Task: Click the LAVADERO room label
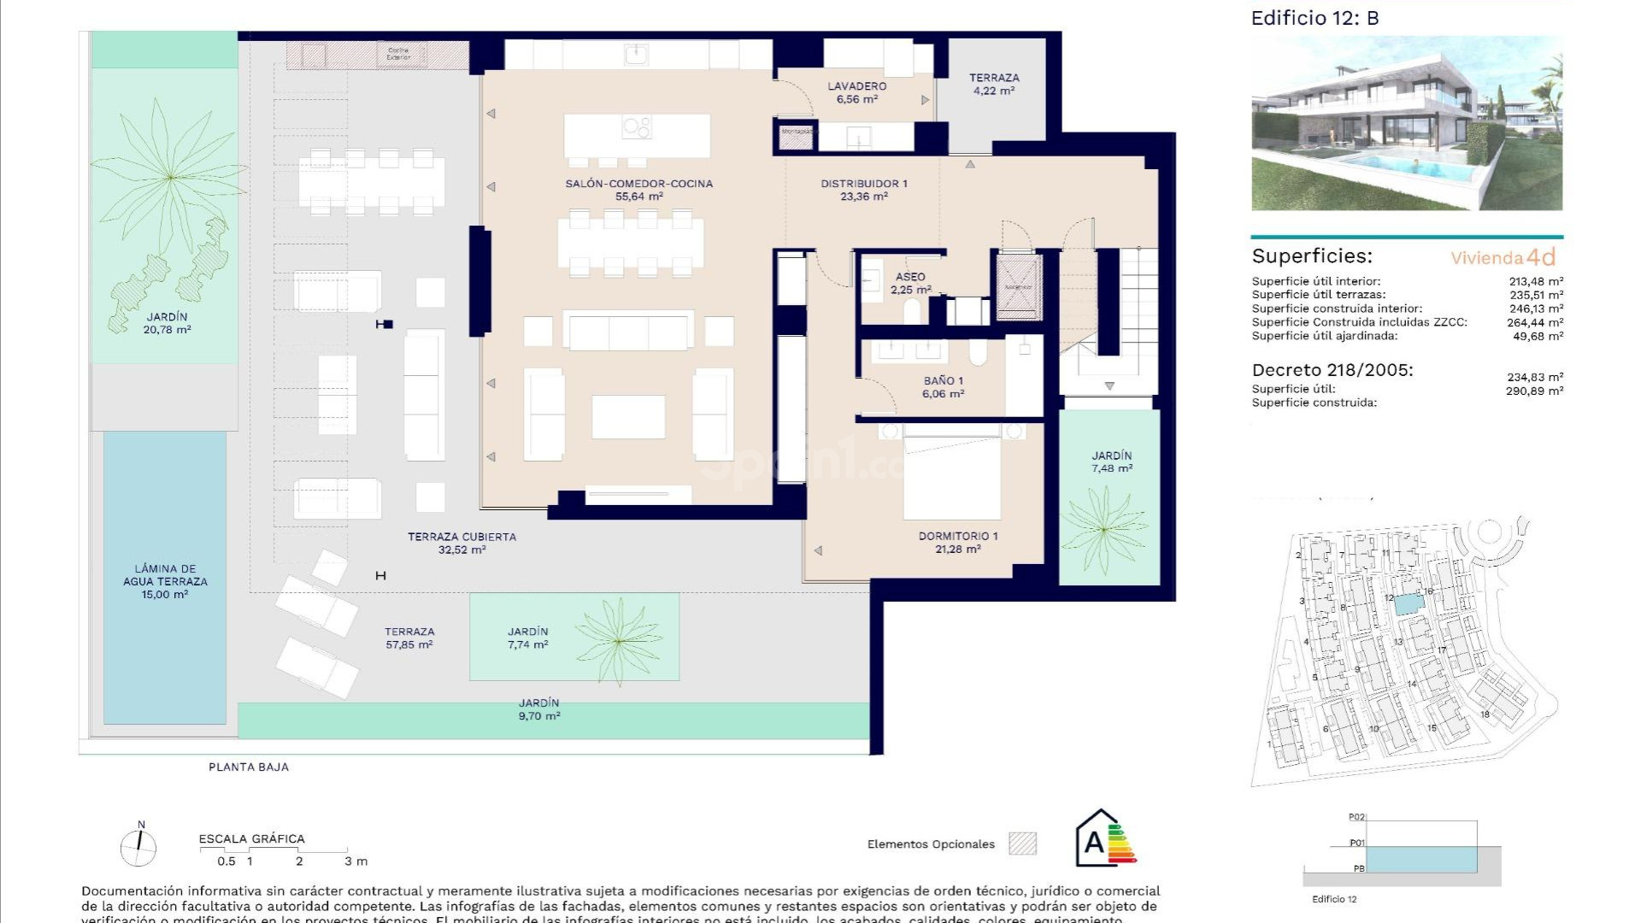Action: coord(856,86)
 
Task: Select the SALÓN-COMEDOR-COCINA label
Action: coord(638,184)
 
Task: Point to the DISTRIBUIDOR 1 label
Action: coord(863,184)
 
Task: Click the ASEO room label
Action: coord(909,277)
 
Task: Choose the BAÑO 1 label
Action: coord(943,381)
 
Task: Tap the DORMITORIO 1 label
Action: coord(957,537)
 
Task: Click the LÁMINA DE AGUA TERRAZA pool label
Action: coord(165,575)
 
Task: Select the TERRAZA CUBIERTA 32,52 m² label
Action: coord(462,538)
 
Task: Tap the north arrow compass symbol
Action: coord(139,847)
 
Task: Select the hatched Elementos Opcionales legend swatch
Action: coord(1022,844)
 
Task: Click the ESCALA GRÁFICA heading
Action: coord(251,839)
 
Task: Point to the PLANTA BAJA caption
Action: coord(249,767)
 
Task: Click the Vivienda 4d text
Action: coord(1503,257)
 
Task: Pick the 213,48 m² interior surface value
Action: coord(1536,281)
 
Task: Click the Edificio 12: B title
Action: coord(1315,18)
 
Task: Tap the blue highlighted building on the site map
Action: coord(1405,604)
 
